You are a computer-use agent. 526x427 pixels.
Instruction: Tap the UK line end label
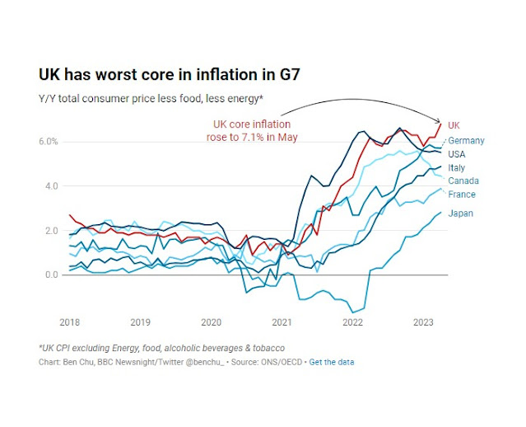[x=453, y=124]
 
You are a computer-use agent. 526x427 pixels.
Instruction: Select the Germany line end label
[x=466, y=140]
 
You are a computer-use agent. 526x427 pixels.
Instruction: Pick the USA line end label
[x=458, y=154]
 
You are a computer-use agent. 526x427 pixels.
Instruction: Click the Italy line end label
[x=456, y=168]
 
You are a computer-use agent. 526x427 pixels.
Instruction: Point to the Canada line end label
[x=463, y=181]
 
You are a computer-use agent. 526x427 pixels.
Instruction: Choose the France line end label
[x=462, y=195]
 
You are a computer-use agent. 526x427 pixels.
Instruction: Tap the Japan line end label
[x=460, y=213]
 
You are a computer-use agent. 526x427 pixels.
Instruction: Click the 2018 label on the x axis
[x=70, y=322]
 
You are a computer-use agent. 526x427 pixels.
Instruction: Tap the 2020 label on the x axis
[x=211, y=322]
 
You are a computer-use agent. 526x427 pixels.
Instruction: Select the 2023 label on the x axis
[x=422, y=322]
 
